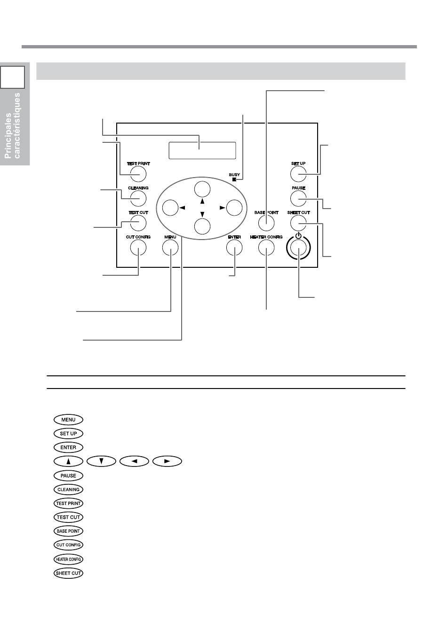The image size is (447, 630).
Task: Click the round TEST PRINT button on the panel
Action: point(138,174)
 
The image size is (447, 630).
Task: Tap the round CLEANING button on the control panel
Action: point(138,198)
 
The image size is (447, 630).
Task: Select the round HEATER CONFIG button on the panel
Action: point(266,248)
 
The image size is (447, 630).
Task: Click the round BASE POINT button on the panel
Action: point(266,223)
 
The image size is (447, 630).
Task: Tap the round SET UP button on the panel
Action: point(298,174)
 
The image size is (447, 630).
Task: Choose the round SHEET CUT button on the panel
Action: point(298,223)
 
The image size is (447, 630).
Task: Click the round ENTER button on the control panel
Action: point(234,248)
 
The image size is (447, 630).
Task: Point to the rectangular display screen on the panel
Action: point(202,150)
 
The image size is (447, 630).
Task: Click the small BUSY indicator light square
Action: point(234,180)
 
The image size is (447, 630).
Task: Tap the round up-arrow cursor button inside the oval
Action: point(202,188)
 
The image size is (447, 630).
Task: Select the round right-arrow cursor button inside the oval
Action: point(234,207)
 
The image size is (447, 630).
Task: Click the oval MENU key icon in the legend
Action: point(68,420)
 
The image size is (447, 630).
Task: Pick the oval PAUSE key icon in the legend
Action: point(68,475)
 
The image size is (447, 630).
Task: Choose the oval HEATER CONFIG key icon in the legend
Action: point(68,559)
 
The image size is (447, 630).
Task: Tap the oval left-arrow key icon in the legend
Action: point(135,461)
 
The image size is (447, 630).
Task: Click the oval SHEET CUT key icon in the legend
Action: point(68,573)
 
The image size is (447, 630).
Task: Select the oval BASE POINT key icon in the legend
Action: point(68,531)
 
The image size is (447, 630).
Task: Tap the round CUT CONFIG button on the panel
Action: point(138,248)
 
